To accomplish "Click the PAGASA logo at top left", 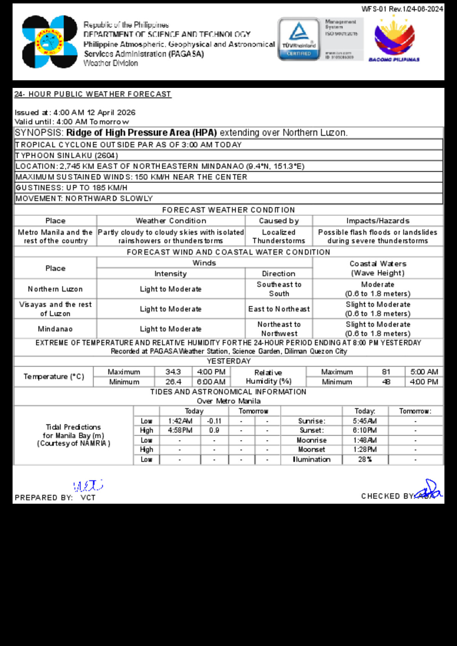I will point(50,42).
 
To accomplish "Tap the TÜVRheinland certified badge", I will point(299,39).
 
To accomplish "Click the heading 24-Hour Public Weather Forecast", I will point(93,94).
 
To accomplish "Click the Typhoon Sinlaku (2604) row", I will point(67,156).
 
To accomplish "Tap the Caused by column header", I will point(279,221).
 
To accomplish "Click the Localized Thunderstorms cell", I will point(279,236).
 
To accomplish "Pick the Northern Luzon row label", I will point(55,289).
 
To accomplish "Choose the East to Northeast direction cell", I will point(279,309).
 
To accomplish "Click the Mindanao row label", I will point(55,329).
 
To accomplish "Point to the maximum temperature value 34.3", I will point(173,372).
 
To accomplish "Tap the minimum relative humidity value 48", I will point(386,382).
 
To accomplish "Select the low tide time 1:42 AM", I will point(180,421).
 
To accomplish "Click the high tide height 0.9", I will point(214,430).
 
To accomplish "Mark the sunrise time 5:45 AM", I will point(365,421).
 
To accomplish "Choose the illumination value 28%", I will point(365,460).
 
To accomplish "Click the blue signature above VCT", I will point(88,486).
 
